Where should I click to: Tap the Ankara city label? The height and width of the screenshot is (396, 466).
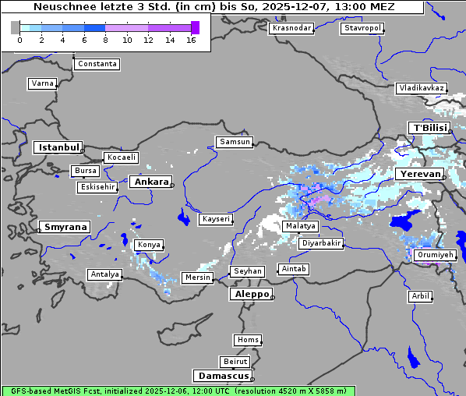pos(150,182)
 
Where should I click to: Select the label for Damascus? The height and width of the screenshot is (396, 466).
pos(222,376)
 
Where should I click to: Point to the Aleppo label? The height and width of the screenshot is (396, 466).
pos(250,294)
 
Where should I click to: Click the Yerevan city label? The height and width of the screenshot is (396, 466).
pos(418,174)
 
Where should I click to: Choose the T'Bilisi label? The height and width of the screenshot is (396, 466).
pos(429,128)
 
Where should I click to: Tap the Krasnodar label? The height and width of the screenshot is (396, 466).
pos(291,28)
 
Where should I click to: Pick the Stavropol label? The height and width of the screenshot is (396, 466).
pos(362,28)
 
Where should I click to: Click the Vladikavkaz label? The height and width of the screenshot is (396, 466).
pos(422,88)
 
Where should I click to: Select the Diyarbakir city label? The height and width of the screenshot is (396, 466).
pos(320,243)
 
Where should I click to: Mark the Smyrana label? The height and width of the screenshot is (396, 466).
pos(65,227)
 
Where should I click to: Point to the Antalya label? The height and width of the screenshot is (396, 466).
pos(105,274)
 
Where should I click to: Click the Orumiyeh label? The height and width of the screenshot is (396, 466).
pos(434,255)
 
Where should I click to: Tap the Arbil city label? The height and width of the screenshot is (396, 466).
pos(420,296)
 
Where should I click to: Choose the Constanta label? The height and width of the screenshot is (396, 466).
pos(97,64)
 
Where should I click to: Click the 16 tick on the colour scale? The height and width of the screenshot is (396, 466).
pos(191,40)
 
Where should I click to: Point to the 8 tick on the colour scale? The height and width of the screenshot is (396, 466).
pos(105,40)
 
